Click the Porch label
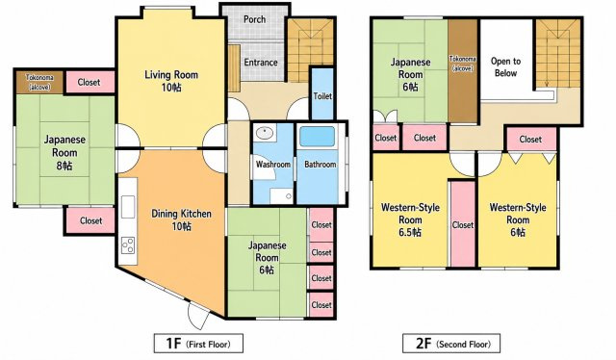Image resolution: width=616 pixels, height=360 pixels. click(254, 19)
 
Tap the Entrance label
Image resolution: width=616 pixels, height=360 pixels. click(261, 63)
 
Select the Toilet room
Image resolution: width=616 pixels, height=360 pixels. click(322, 93)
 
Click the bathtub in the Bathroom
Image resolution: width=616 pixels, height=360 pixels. click(317, 137)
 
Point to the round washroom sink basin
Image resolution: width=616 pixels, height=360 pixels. click(265, 133)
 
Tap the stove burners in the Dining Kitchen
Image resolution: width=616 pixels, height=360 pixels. click(128, 245)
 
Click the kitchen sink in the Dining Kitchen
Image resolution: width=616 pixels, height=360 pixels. click(128, 206)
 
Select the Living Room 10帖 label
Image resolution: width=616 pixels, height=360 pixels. click(171, 81)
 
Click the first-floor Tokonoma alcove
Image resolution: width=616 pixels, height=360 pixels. click(39, 82)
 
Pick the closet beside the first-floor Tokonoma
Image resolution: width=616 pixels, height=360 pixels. click(90, 82)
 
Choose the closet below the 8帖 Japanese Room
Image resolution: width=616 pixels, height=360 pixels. click(90, 220)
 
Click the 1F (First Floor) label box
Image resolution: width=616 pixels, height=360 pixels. click(198, 344)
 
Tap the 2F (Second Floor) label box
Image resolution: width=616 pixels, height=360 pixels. click(451, 344)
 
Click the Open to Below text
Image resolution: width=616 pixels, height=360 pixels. click(505, 66)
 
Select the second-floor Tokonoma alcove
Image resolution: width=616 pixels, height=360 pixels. click(463, 70)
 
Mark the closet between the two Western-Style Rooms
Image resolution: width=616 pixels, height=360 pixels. click(462, 224)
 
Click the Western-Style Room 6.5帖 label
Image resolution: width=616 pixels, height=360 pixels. click(410, 219)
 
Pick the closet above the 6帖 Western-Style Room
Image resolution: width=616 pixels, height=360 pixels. click(530, 140)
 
